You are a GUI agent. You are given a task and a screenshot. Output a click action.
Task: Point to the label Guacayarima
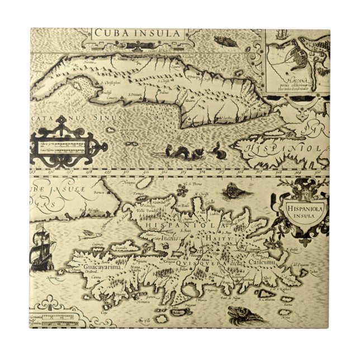[86, 268]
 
